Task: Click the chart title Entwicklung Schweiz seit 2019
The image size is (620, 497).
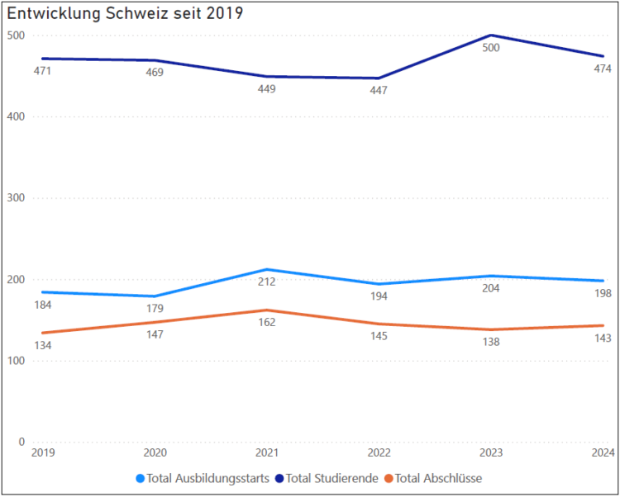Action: click(x=125, y=14)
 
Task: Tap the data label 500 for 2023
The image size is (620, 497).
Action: click(x=491, y=48)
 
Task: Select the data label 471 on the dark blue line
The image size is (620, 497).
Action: click(x=41, y=72)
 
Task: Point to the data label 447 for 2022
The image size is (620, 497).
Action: click(x=378, y=91)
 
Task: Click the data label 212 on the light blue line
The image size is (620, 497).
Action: click(x=266, y=282)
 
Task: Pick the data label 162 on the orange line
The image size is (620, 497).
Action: click(x=266, y=323)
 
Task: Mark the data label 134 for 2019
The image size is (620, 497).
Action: click(x=41, y=345)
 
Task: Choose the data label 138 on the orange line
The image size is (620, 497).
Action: click(x=491, y=342)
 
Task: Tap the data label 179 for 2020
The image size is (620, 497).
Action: click(x=154, y=309)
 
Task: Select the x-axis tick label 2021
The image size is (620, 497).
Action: click(x=266, y=452)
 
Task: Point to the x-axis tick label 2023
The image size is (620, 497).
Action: click(x=491, y=452)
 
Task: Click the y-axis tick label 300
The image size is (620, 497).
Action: click(x=16, y=198)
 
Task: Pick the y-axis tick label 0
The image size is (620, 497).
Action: click(x=22, y=443)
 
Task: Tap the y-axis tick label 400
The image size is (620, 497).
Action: click(x=16, y=117)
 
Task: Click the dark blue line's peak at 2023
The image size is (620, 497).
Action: click(x=491, y=35)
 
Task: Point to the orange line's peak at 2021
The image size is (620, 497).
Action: click(x=266, y=310)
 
